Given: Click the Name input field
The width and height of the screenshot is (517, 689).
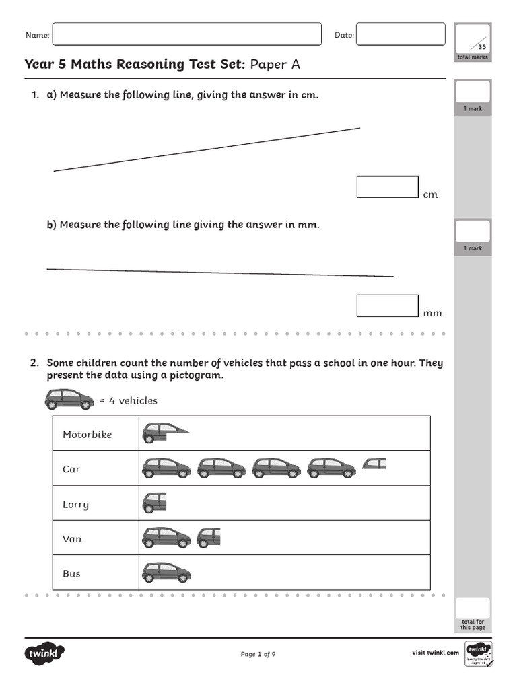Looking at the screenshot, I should pos(186,34).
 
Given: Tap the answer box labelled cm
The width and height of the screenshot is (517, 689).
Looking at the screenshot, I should pos(388,187).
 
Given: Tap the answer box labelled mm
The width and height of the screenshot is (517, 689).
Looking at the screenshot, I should pos(388,305).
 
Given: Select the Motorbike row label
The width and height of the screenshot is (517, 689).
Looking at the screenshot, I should pos(88,435).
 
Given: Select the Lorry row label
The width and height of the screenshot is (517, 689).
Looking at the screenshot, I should pos(75,505).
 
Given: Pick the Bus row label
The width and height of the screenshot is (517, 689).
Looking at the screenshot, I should pos(71,574).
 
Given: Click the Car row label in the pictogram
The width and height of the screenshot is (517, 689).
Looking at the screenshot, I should pos(71,470).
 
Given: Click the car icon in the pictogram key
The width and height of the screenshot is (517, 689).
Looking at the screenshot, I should pos(69,400).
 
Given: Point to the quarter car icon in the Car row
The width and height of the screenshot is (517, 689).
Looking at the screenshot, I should pos(375,463).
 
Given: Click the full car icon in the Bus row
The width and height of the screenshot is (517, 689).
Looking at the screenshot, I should pos(166,572).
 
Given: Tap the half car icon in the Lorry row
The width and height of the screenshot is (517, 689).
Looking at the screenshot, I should pos(154,502).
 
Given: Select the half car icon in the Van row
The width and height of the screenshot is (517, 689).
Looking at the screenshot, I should pos(209,537).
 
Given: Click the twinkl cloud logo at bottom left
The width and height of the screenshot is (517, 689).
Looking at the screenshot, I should pos(45,653).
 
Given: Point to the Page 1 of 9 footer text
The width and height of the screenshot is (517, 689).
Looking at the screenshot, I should pos(258,654).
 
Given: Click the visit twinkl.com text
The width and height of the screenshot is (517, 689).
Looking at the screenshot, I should pos(435,653).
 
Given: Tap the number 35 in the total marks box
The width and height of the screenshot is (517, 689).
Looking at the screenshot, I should pos(481,47).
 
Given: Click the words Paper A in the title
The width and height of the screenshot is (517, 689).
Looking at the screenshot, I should pos(275,65).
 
